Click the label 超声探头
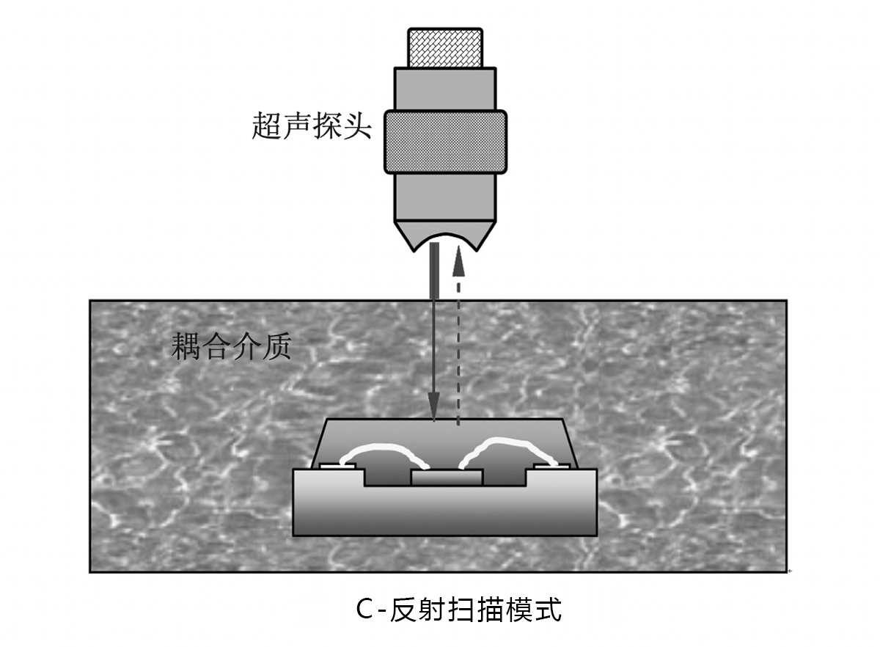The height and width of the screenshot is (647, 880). pyautogui.click(x=311, y=126)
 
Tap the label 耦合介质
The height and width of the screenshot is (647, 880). pyautogui.click(x=232, y=346)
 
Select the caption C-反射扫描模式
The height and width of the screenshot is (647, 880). pyautogui.click(x=459, y=610)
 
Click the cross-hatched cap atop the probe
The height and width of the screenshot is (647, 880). pyautogui.click(x=445, y=48)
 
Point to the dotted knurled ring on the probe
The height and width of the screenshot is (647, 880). pyautogui.click(x=445, y=142)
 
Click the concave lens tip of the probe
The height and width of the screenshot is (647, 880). pyautogui.click(x=445, y=236)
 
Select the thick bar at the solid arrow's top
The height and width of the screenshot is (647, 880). pyautogui.click(x=435, y=271)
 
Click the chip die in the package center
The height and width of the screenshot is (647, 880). pyautogui.click(x=447, y=478)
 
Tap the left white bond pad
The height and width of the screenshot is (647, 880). pyautogui.click(x=338, y=467)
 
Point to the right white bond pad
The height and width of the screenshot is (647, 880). pyautogui.click(x=551, y=467)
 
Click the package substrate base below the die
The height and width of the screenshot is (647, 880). pyautogui.click(x=445, y=511)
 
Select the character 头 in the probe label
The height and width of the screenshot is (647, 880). pyautogui.click(x=358, y=126)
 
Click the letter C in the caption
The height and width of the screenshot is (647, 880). pyautogui.click(x=364, y=610)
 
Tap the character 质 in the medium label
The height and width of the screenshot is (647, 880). pyautogui.click(x=277, y=346)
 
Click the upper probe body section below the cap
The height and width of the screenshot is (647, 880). pyautogui.click(x=445, y=89)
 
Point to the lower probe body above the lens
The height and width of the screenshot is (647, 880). pyautogui.click(x=445, y=197)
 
